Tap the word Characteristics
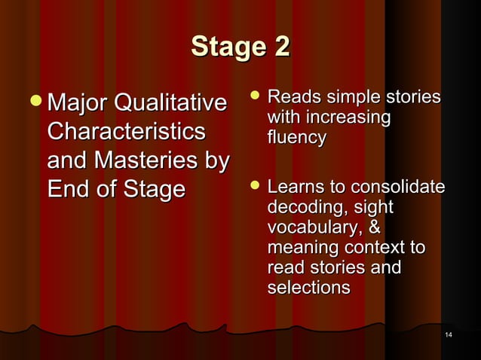click(x=125, y=132)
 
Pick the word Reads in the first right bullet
click(x=291, y=98)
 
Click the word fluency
click(x=296, y=138)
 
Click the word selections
click(x=308, y=288)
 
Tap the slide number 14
click(x=449, y=334)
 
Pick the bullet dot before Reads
click(x=255, y=97)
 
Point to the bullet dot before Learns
click(x=255, y=186)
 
